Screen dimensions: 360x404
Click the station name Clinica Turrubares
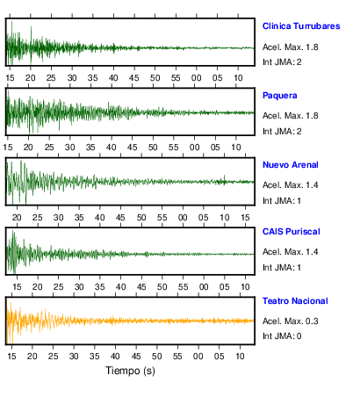[301, 26]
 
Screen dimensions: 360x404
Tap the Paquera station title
[280, 96]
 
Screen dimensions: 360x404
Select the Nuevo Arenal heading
[291, 165]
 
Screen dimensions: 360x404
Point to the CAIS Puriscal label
[292, 232]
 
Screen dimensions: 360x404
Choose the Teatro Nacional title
[295, 301]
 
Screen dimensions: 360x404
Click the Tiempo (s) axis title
[130, 371]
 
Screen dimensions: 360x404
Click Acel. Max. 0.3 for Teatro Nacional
[291, 321]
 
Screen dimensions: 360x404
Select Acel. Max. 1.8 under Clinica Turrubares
[291, 47]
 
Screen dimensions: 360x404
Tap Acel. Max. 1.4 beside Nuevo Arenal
[291, 185]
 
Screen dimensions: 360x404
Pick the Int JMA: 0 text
[282, 335]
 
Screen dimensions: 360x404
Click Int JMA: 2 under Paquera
[282, 131]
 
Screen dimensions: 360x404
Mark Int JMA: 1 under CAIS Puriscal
[282, 267]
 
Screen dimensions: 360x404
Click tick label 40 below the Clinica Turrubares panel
[113, 78]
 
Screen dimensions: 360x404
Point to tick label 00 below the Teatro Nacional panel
[198, 357]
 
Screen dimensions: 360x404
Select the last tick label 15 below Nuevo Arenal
[245, 218]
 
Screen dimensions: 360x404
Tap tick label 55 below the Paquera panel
[174, 148]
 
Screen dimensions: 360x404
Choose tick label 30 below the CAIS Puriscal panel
[79, 287]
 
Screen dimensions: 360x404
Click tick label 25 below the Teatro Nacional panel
[53, 357]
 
